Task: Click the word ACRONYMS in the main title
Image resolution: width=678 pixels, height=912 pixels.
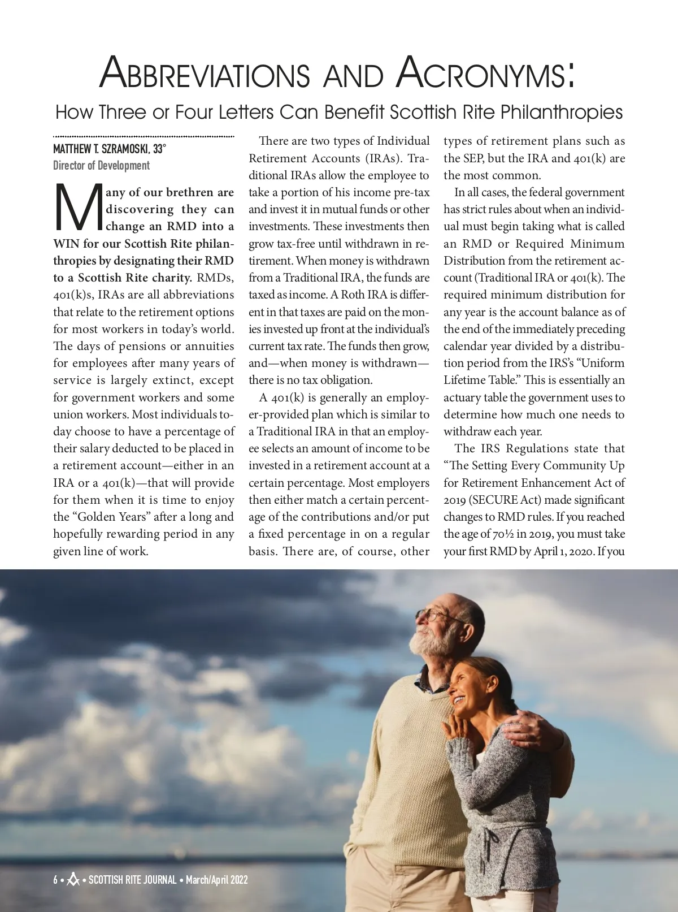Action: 486,74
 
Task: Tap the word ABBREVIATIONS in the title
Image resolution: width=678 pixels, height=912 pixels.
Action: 205,74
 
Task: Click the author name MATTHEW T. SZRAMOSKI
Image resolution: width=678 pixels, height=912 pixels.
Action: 102,149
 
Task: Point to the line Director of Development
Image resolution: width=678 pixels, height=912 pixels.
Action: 102,166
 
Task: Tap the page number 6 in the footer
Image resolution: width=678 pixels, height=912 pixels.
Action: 55,880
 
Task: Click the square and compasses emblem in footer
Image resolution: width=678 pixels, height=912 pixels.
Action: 73,880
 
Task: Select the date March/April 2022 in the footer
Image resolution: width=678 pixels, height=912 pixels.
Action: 217,880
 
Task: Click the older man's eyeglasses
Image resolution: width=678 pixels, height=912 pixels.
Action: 433,615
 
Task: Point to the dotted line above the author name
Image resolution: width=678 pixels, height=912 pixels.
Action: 144,136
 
